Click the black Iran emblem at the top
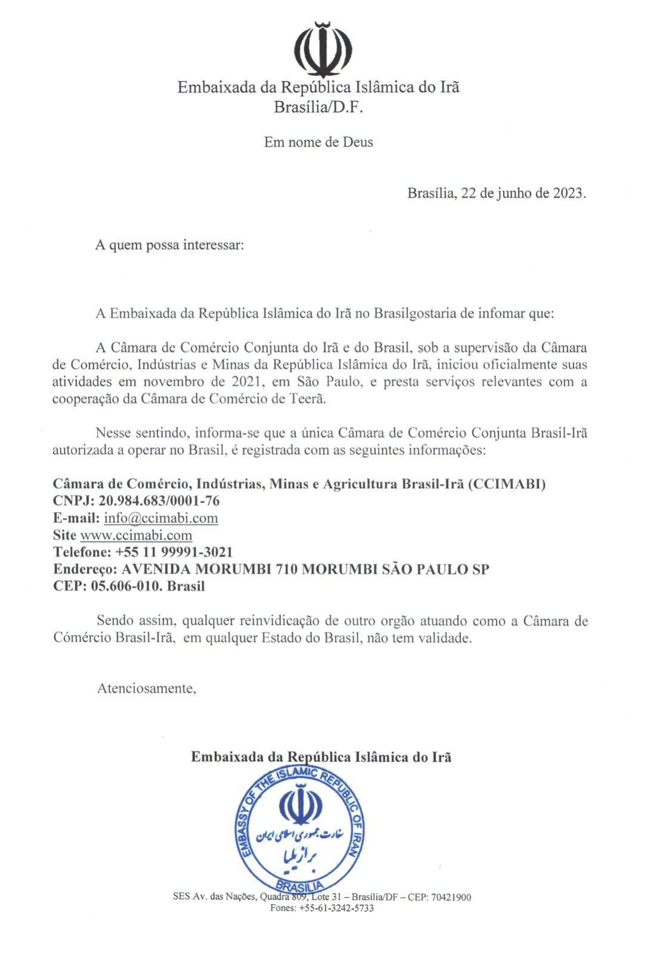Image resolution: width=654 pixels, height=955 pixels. pos(324,48)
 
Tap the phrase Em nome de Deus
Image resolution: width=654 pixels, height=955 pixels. pos(319,142)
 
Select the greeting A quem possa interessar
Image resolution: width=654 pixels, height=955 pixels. pos(169,245)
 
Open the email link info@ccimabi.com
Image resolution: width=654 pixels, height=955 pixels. pos(161,518)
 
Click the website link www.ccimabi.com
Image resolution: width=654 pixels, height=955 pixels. pos(136,535)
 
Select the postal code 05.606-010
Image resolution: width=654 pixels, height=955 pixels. pos(126,586)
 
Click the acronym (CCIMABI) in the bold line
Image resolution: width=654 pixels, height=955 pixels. pos(507,484)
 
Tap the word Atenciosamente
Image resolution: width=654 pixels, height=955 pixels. pos(147,688)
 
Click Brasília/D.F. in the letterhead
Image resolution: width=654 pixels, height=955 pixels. pos(318,107)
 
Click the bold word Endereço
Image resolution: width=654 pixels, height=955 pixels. pos(83,569)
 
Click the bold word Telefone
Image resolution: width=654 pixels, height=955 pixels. pos(81,552)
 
